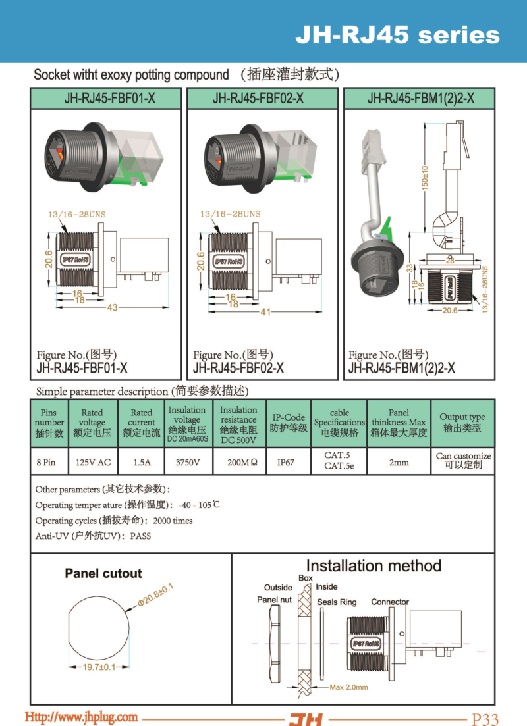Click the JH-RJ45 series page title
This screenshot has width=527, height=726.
click(397, 35)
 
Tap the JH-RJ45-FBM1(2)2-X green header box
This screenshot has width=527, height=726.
click(420, 99)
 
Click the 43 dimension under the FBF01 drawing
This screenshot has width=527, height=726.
click(112, 308)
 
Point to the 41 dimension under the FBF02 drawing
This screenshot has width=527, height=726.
click(265, 311)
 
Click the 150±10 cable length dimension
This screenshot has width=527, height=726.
click(425, 177)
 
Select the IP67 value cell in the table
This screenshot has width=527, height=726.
click(286, 462)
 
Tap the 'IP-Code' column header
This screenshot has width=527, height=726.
click(289, 422)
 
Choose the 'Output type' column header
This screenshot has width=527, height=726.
click(462, 422)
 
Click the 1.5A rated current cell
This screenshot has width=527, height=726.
click(142, 462)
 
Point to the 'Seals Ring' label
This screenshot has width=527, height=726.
click(337, 602)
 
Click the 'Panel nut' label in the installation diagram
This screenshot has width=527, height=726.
click(274, 600)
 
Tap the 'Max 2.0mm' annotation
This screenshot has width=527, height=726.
click(348, 687)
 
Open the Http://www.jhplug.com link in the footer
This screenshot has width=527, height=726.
click(81, 717)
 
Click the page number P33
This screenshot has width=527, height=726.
click(485, 719)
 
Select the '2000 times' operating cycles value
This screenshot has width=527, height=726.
click(173, 521)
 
